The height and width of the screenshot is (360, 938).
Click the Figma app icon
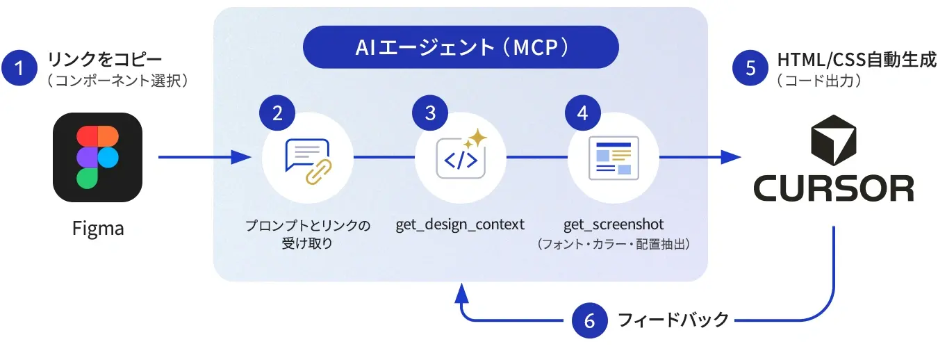(x=97, y=157)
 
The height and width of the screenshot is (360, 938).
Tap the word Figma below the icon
(x=98, y=229)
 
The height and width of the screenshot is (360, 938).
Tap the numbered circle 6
(x=590, y=320)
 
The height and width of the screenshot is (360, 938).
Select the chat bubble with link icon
(x=308, y=161)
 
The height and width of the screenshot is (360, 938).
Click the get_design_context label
(x=460, y=224)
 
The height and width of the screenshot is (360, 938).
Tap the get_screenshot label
(x=614, y=224)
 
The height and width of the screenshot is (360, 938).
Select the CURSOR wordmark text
(x=834, y=188)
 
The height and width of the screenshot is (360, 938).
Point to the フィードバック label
(x=673, y=320)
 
